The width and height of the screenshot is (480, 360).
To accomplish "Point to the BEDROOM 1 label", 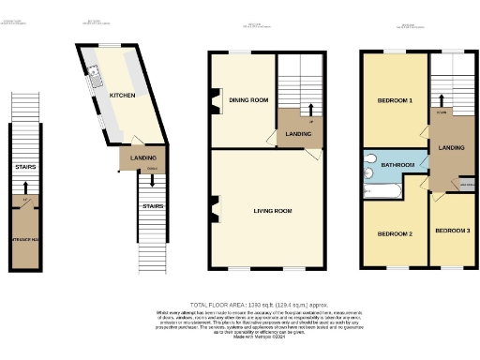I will coord(395,100).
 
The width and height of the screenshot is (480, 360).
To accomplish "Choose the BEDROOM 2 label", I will coord(395,232).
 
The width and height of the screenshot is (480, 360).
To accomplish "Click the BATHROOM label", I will coord(397,166).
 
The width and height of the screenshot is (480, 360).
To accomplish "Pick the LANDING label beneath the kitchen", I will coord(143,158).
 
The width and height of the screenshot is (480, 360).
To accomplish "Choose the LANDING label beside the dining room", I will coord(298,135).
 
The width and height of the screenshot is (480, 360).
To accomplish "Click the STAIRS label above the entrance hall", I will coord(25,168).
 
